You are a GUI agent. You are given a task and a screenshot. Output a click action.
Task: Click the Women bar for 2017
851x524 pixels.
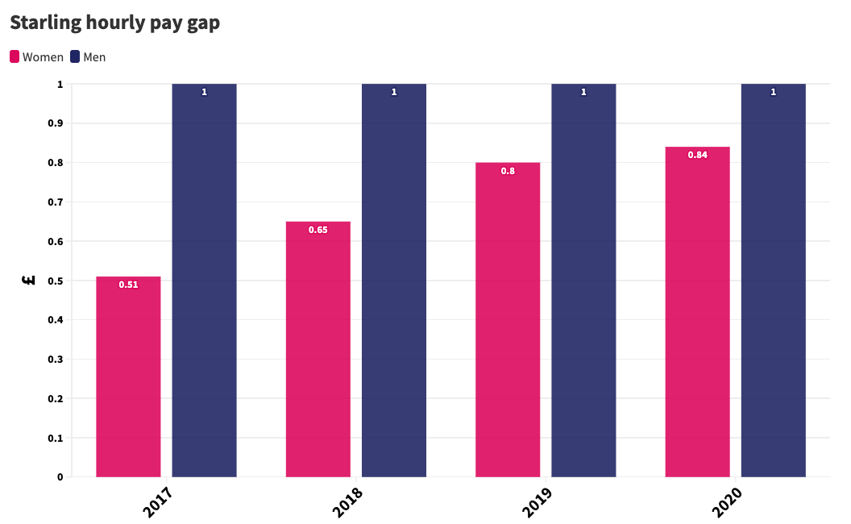pos(129,376)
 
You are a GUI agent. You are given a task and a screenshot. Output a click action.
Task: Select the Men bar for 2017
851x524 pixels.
pos(204,281)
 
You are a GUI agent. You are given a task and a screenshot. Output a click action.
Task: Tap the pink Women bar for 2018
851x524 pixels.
pos(318,349)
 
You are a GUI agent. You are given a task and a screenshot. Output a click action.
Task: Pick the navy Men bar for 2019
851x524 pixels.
pos(583,281)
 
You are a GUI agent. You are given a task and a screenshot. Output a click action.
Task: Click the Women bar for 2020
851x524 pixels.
pos(697,312)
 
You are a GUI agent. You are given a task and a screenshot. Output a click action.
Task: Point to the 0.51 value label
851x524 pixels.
pos(129,285)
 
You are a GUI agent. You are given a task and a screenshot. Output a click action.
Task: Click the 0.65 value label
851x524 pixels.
pos(318,230)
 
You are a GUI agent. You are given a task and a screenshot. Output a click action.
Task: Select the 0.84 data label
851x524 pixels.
pos(697,155)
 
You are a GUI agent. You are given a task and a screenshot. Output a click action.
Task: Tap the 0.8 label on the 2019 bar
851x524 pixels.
pos(508,171)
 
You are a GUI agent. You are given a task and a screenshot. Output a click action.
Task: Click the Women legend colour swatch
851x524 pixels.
pos(15,56)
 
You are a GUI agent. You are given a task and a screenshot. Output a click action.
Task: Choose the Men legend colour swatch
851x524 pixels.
pos(75,56)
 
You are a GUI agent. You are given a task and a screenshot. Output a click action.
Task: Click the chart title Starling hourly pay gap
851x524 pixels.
pos(115,23)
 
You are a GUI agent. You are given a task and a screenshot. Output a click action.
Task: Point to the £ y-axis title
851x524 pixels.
pos(29,281)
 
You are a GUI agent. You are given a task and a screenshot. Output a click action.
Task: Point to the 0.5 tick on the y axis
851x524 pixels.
pos(56,281)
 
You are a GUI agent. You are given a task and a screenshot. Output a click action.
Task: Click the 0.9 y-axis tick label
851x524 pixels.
pos(56,123)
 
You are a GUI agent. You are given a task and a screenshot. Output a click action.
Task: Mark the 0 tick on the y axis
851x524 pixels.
pos(60,477)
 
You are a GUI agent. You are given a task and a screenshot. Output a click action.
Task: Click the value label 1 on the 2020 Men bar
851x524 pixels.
pos(774,93)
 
